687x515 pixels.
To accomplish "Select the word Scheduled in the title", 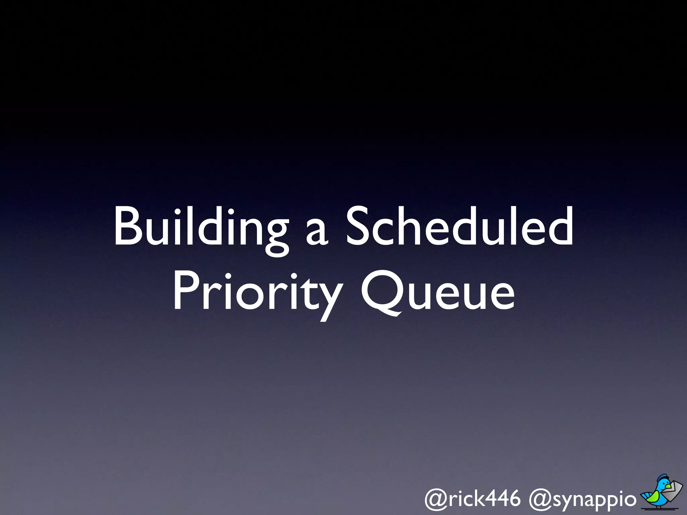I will pos(459,227).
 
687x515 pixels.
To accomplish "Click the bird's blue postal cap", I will pos(662,478).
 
